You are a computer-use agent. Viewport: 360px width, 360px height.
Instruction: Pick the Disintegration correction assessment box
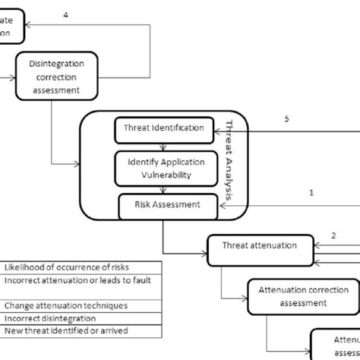pyautogui.click(x=58, y=77)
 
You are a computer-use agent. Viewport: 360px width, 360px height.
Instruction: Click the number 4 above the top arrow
pyautogui.click(x=65, y=16)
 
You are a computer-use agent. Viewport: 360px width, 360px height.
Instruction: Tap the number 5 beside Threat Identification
pyautogui.click(x=286, y=119)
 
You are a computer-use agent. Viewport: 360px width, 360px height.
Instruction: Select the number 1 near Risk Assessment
pyautogui.click(x=311, y=193)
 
